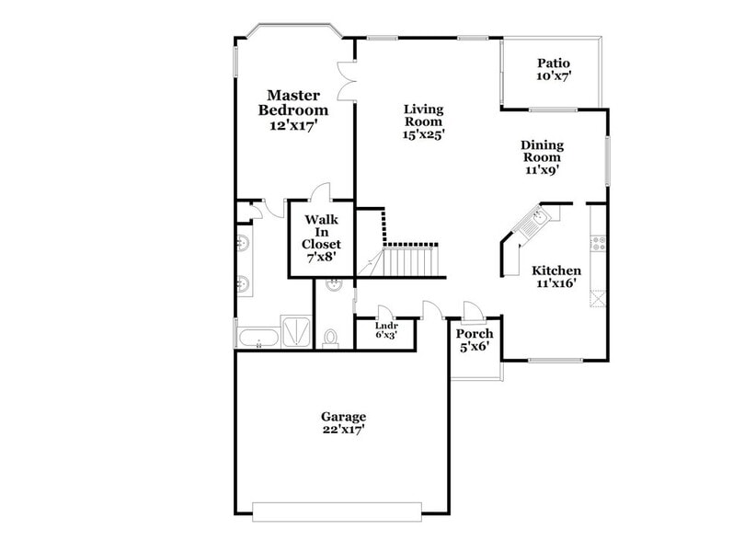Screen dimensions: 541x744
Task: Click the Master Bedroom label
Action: click(293, 102)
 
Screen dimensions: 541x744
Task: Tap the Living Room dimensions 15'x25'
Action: click(423, 134)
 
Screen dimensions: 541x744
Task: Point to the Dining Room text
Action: click(542, 151)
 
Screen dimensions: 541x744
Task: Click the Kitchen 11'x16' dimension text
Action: click(555, 284)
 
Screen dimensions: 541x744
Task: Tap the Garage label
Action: click(343, 416)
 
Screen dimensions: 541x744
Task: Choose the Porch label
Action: click(475, 334)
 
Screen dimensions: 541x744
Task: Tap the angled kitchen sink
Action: click(538, 217)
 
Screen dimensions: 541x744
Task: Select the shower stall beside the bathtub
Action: click(297, 333)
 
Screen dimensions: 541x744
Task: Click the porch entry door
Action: click(471, 310)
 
